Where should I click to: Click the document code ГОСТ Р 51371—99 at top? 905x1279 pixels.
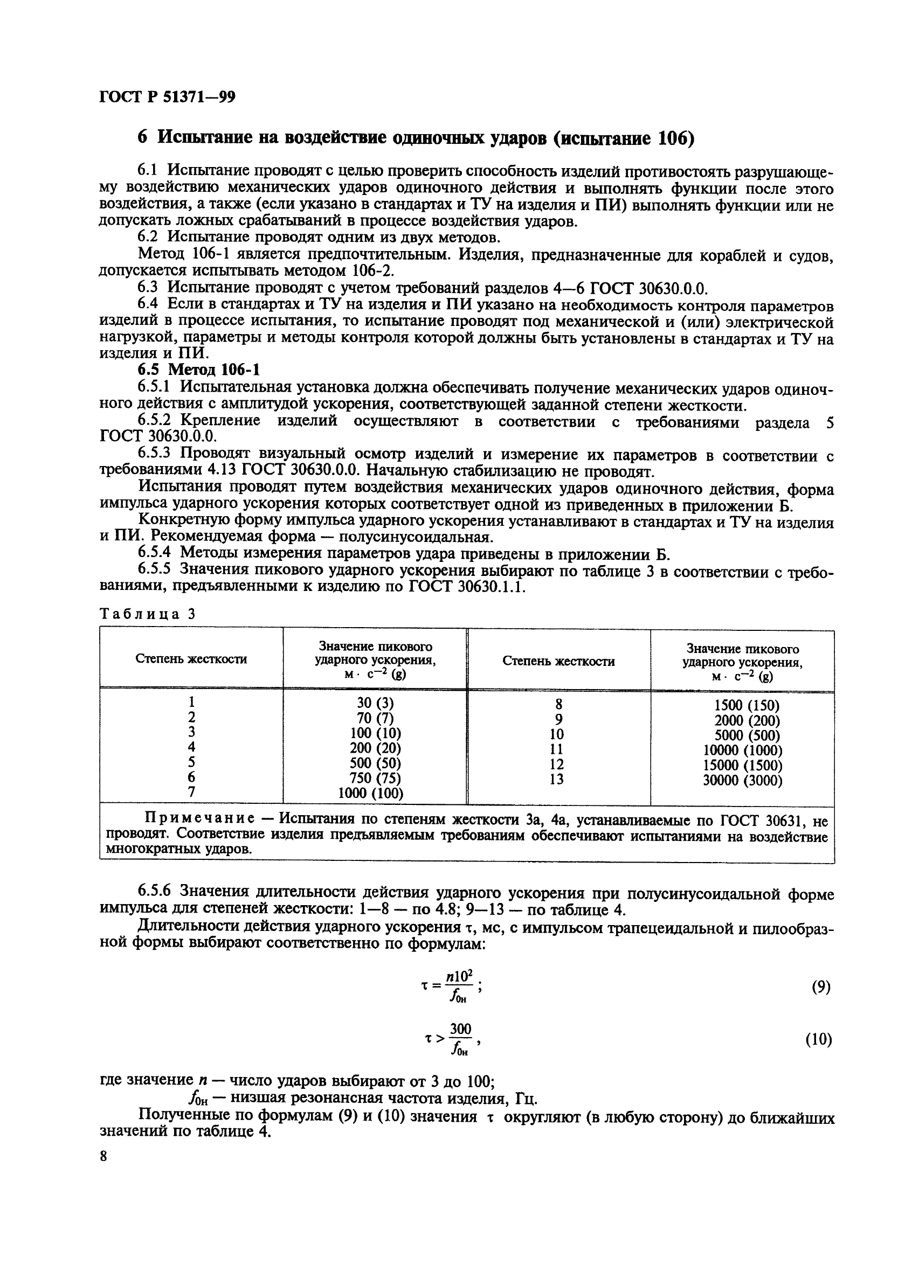[167, 98]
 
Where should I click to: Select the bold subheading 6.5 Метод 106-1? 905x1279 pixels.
[198, 370]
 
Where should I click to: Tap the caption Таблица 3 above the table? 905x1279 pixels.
[147, 614]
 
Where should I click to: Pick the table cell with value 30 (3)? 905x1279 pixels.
[375, 703]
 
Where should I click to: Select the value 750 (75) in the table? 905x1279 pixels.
[375, 777]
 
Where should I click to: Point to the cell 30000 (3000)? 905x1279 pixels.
[742, 781]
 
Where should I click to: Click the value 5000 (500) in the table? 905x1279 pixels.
[742, 735]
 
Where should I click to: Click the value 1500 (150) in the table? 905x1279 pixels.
[742, 705]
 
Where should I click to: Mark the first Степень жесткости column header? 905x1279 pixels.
[191, 659]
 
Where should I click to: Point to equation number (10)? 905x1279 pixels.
[818, 1039]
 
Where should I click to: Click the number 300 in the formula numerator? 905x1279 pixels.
[460, 1029]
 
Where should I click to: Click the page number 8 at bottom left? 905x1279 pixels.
[103, 1156]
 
